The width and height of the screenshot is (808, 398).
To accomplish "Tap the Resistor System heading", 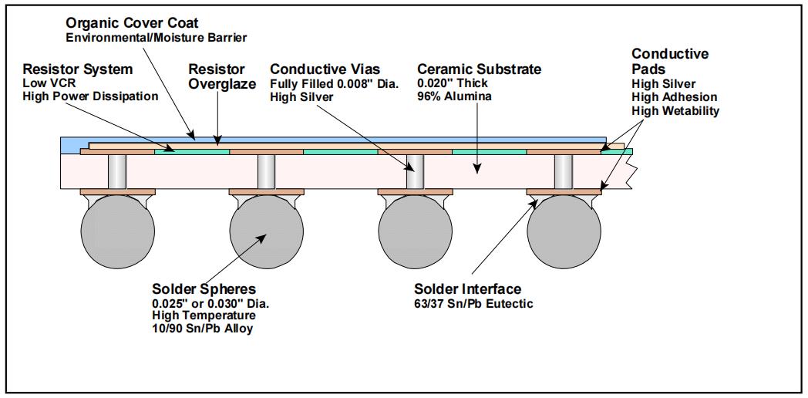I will (78, 69).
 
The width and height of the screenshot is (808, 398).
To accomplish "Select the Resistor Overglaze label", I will (217, 76).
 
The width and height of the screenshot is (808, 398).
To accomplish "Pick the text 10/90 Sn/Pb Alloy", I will (202, 329).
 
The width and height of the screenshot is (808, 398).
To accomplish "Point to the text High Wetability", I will (675, 111).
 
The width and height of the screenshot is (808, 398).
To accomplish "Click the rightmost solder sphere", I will (564, 231).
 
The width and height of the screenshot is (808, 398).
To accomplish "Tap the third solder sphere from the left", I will (415, 231).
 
